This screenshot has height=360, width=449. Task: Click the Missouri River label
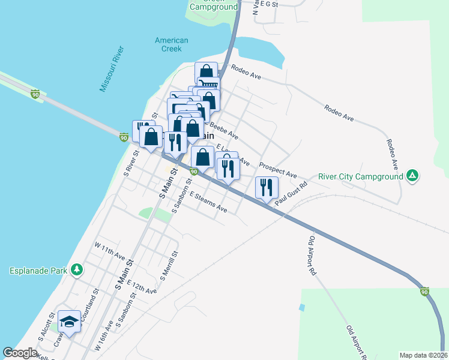(x=111, y=69)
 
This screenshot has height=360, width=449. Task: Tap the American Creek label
(x=172, y=44)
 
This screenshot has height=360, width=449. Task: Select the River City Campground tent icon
(x=412, y=176)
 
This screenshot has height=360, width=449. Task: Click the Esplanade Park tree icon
(x=76, y=270)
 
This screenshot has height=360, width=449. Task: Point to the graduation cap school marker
(x=70, y=322)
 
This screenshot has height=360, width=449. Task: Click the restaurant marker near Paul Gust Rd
(x=265, y=188)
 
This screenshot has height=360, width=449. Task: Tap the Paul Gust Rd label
(x=291, y=196)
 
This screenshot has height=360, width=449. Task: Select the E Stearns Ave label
(x=208, y=203)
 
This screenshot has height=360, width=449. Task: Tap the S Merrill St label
(x=167, y=266)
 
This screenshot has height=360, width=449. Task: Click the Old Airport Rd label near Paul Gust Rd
(x=312, y=255)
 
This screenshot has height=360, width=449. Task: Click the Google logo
(x=20, y=353)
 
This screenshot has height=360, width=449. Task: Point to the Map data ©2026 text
(x=423, y=355)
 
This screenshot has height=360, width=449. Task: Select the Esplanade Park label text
(x=38, y=271)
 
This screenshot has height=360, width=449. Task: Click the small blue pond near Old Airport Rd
(x=301, y=307)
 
